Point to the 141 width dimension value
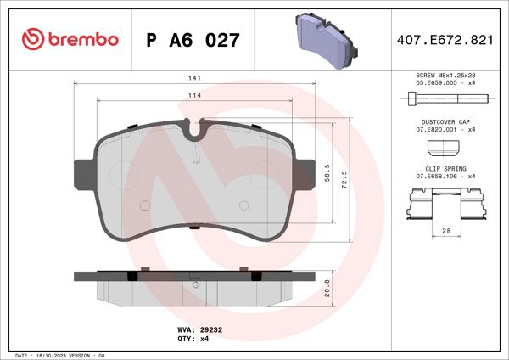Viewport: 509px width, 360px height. point(194,78)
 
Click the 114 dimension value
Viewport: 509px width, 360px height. point(194,96)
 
